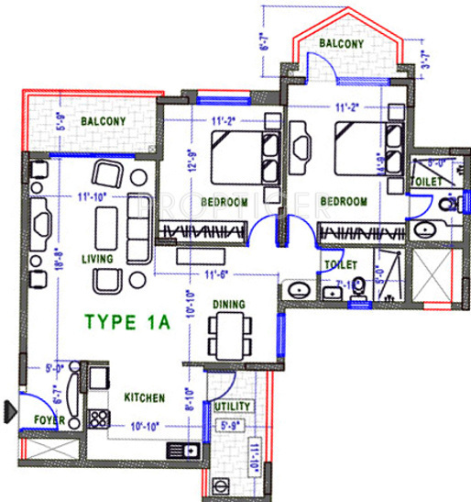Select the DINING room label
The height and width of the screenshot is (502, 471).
click(228, 304)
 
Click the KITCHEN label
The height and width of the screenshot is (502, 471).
click(145, 397)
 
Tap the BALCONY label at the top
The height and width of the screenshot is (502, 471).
click(341, 43)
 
